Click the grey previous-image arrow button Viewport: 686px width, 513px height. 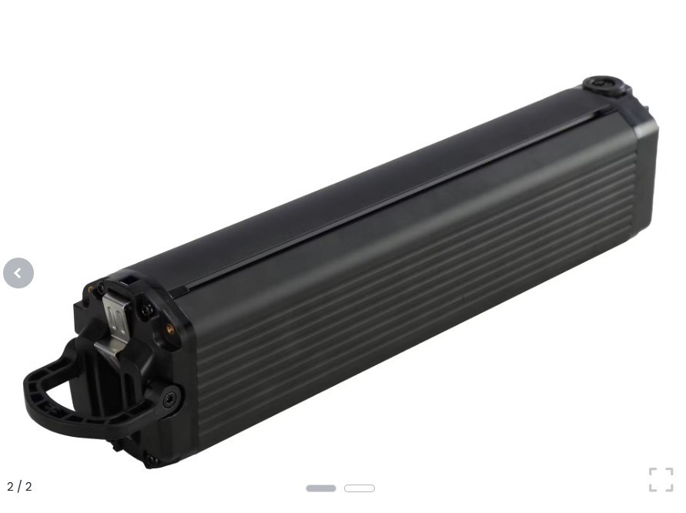(18, 273)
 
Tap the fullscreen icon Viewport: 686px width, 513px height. (661, 479)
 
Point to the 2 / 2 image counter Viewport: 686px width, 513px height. (19, 487)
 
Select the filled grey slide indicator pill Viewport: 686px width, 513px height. (321, 488)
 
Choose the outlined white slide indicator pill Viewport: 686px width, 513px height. (360, 488)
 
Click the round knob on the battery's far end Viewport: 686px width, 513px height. (604, 84)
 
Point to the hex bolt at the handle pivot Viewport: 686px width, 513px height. (169, 398)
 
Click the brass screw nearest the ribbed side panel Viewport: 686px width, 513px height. (169, 329)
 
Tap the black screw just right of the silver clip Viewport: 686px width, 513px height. (146, 311)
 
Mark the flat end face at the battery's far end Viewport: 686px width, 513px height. (645, 177)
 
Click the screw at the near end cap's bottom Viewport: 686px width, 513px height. (151, 460)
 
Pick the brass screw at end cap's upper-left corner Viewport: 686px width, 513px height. (92, 290)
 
